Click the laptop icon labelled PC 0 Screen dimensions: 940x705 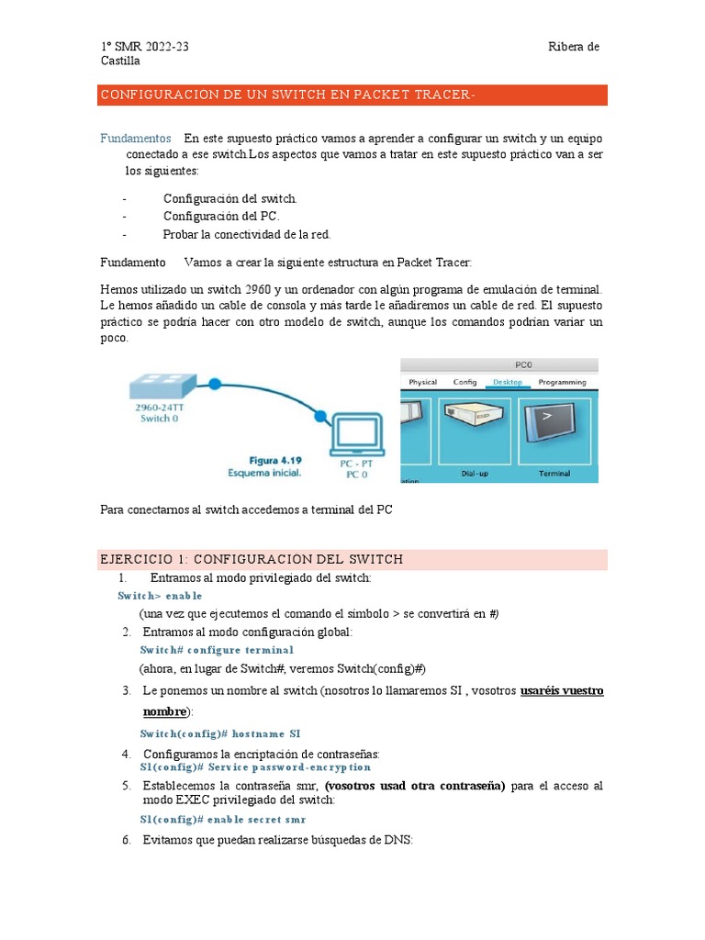point(352,439)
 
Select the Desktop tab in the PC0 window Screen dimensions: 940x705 point(507,382)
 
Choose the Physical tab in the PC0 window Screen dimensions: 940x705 point(422,382)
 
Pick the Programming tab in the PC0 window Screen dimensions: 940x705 point(562,382)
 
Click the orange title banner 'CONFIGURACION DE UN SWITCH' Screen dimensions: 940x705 point(353,95)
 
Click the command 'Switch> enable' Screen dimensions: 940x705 point(160,596)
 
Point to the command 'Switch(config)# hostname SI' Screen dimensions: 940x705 point(219,734)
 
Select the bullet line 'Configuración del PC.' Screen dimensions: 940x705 point(221,217)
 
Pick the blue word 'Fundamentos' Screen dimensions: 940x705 point(135,139)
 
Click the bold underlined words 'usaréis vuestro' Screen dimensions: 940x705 point(561,690)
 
